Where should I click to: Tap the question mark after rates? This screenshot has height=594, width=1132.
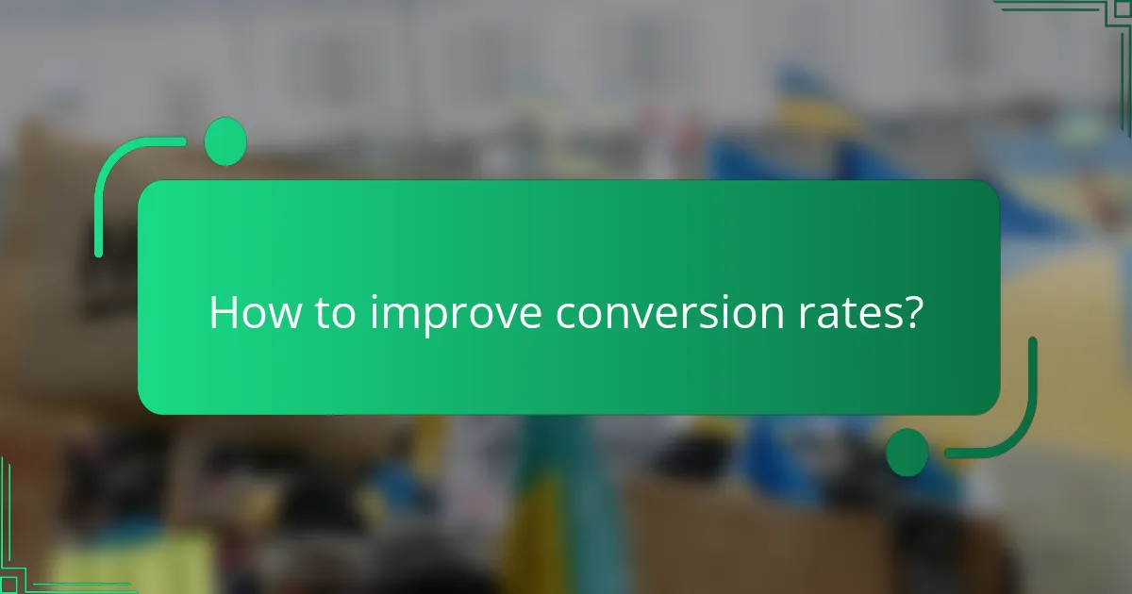pyautogui.click(x=908, y=312)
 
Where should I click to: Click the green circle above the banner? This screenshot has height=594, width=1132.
pyautogui.click(x=225, y=141)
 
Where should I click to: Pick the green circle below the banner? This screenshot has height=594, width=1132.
pyautogui.click(x=907, y=452)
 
